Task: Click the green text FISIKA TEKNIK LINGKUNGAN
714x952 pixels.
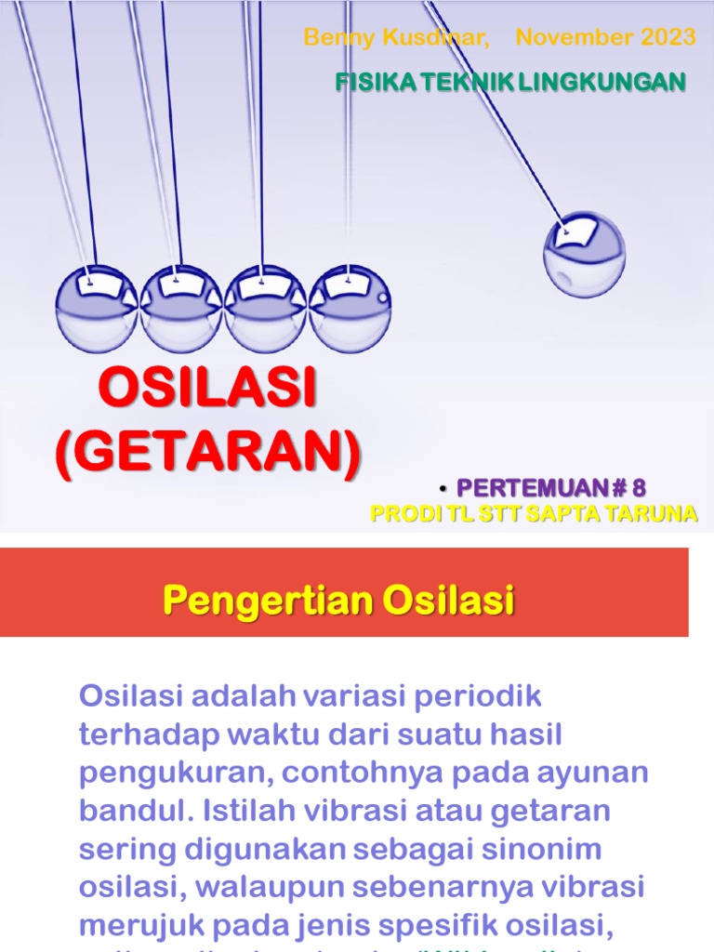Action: click(x=509, y=83)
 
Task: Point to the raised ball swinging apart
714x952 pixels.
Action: click(x=584, y=254)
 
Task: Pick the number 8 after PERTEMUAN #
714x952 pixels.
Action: click(x=638, y=487)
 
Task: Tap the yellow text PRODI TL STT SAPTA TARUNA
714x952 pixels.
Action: click(x=534, y=514)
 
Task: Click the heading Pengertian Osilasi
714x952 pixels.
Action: click(x=338, y=602)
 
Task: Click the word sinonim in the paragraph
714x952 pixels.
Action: click(x=523, y=850)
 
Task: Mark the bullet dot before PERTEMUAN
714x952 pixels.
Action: click(x=443, y=488)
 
